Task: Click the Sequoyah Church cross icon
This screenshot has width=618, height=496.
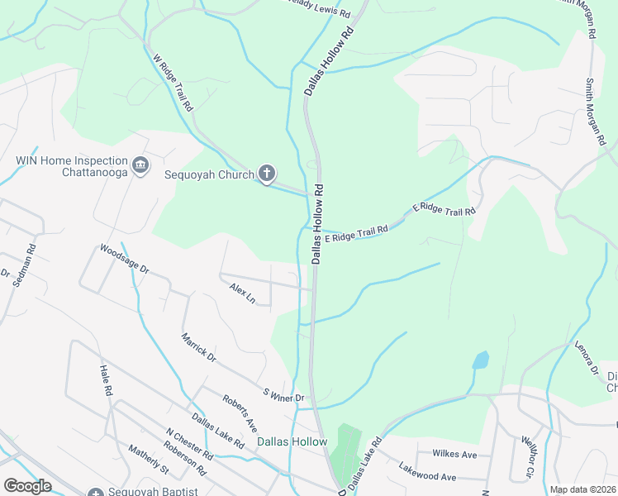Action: coord(266,174)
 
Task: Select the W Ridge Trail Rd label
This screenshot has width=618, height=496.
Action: coord(173,83)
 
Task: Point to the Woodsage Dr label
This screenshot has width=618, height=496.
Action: coord(124,259)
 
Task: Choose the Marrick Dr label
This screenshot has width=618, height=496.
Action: coord(199,347)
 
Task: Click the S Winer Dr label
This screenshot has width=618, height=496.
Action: coord(283,394)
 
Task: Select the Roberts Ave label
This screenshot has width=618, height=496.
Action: coord(240,412)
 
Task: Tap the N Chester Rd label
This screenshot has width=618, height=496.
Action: coord(189,445)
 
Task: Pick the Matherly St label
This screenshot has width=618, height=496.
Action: coord(148,460)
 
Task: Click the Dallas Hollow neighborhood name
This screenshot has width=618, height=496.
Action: coord(292,442)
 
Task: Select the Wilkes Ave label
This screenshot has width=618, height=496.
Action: coord(454,455)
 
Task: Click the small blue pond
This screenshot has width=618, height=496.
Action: coord(480,360)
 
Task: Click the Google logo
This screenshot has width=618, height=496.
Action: coord(27,486)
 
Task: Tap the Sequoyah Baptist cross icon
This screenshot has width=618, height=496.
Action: coord(97,493)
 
